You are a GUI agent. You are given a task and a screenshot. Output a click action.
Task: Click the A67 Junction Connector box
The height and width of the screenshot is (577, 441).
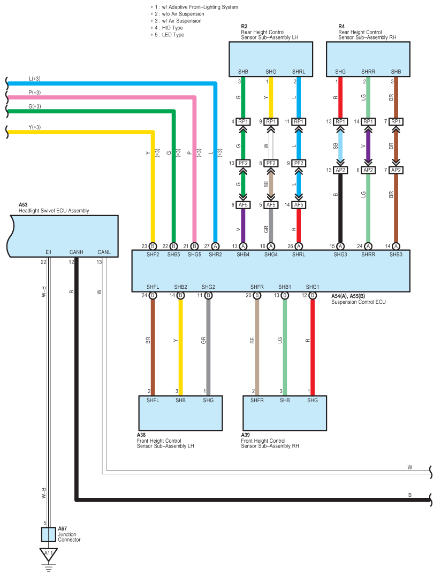[48, 535]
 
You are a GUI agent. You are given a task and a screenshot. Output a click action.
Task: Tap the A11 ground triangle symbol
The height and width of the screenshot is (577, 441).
[48, 555]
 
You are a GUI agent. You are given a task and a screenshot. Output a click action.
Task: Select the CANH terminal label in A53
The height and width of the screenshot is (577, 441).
[76, 252]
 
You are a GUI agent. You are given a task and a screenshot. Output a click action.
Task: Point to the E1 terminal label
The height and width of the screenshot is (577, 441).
[49, 252]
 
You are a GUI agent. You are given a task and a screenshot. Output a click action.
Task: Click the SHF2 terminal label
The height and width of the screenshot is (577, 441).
[153, 255]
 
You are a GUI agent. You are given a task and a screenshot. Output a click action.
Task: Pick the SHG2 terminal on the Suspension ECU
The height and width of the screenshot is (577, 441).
[208, 287]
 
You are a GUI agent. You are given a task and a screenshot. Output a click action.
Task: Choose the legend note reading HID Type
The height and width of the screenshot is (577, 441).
[172, 28]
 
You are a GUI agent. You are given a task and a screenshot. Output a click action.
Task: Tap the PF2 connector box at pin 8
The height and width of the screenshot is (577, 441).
[271, 163]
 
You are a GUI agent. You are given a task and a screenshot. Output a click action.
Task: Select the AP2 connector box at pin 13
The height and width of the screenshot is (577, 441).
[340, 170]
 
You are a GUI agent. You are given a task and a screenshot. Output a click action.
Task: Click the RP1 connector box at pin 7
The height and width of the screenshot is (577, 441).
[396, 121]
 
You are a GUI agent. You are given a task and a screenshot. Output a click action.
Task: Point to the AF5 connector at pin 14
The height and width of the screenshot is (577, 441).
[299, 205]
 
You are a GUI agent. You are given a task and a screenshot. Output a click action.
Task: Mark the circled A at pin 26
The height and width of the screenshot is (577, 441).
[299, 246]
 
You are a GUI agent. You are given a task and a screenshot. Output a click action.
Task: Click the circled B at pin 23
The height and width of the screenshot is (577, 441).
[153, 246]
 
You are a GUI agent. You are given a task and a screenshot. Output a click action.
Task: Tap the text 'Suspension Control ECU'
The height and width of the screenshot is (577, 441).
[359, 302]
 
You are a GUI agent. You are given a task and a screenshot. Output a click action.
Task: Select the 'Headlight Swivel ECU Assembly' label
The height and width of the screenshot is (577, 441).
[54, 211]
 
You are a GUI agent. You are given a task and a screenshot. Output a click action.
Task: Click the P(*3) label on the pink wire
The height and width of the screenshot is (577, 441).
[35, 93]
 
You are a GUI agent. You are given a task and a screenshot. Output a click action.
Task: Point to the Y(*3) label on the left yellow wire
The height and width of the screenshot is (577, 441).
[35, 127]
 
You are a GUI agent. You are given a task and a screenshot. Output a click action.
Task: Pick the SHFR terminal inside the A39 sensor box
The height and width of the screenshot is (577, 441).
[257, 400]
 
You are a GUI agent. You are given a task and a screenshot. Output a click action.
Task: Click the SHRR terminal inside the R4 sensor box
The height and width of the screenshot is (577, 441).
[368, 71]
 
